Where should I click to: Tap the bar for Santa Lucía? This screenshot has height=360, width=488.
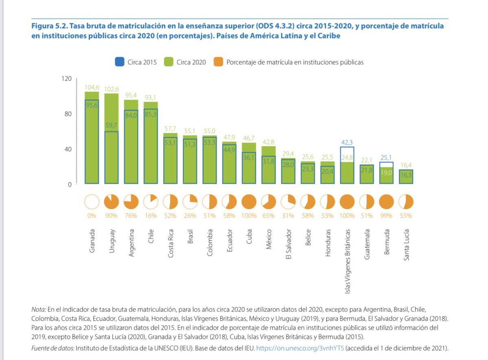tap(406, 177)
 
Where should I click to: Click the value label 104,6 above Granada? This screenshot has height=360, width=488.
tap(91, 87)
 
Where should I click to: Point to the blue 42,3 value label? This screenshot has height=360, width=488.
tap(347, 142)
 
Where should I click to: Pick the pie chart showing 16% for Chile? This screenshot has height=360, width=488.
tap(150, 202)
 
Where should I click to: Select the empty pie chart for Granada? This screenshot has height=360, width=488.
tap(91, 202)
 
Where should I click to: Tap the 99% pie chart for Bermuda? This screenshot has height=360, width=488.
tap(386, 202)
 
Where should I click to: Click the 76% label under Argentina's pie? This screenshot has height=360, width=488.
tap(131, 216)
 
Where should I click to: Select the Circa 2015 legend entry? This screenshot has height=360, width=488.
tap(136, 62)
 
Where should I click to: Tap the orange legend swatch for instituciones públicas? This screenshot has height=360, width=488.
tap(219, 62)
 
